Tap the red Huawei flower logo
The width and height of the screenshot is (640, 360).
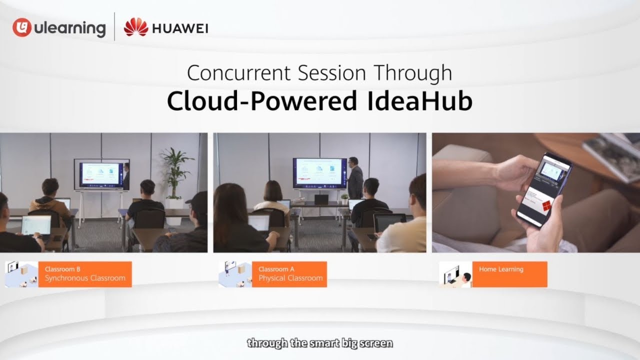136,27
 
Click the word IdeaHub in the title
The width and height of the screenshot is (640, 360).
414,101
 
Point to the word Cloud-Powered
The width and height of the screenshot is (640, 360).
260,101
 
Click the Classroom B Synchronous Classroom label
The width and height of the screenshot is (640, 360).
85,274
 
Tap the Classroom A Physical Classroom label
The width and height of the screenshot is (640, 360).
290,274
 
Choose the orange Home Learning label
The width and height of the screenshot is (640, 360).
509,274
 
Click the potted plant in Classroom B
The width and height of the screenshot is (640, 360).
177,172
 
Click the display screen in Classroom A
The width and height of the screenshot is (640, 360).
318,173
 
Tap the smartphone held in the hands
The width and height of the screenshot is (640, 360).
545,189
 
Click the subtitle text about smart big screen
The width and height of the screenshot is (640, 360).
320,343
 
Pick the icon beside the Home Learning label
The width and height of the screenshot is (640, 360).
455,274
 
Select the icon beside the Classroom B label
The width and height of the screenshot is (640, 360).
21,274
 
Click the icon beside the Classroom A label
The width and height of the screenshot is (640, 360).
235,274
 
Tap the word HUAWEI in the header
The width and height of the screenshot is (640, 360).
180,28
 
